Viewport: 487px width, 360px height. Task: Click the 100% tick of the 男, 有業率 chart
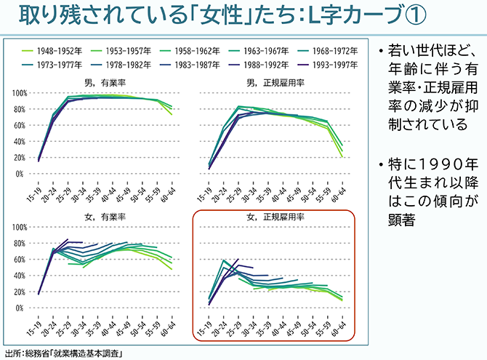pos(19,94)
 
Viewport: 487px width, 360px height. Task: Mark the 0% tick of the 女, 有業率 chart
pos(22,308)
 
